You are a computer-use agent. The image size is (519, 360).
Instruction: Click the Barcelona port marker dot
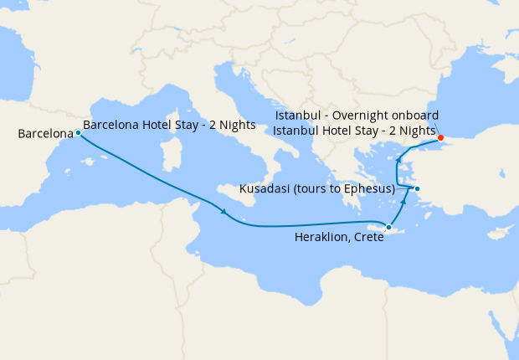tap(78, 132)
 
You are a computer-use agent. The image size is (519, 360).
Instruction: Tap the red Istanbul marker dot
tap(441, 138)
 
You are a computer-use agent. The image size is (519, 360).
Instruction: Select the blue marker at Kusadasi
tap(417, 188)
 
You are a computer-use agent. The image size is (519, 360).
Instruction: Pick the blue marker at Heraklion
tap(388, 227)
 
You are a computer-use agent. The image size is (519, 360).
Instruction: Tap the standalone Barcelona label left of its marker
tap(45, 133)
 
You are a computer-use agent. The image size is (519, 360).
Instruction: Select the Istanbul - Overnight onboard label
tap(357, 115)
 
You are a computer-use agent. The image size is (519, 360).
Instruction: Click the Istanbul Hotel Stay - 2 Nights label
tap(355, 131)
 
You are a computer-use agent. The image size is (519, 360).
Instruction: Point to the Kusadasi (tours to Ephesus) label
tap(316, 189)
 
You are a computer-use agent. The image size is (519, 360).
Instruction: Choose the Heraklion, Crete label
tap(339, 238)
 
